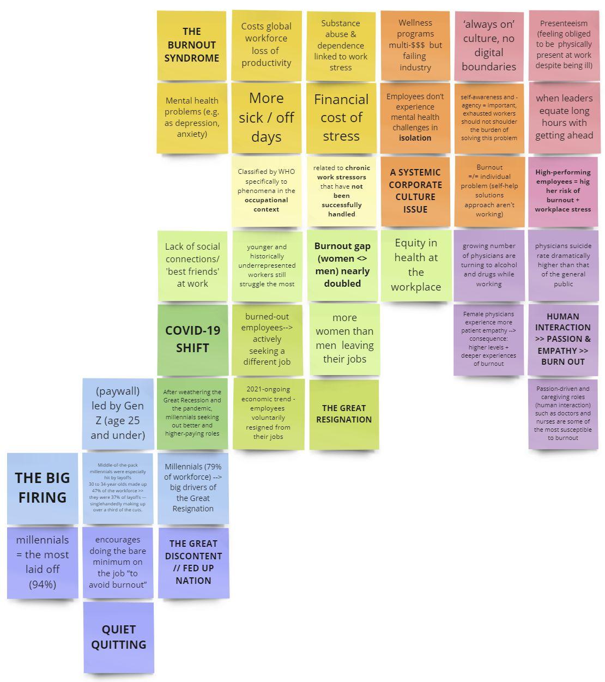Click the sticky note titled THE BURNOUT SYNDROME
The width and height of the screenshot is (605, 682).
pos(191,45)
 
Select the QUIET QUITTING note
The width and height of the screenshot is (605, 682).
pos(118,637)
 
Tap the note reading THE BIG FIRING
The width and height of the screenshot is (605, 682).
pos(43,487)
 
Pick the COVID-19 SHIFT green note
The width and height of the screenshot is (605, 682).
pos(192,339)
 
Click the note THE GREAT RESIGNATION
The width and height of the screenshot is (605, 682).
pos(344,414)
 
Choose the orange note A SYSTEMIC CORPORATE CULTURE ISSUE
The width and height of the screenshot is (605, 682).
pos(415,191)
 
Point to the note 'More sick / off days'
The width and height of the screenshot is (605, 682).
pos(266,117)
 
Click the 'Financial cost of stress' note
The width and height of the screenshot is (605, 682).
pos(341,117)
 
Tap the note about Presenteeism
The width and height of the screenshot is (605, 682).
pos(564,45)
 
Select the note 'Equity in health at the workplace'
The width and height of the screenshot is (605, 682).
pos(416,265)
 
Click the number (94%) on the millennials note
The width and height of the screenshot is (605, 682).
pos(43,584)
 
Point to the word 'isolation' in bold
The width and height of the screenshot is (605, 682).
pos(415,138)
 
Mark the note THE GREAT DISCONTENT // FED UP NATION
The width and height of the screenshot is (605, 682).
pos(193,562)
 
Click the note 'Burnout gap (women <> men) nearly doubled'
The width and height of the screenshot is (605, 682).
pos(342,265)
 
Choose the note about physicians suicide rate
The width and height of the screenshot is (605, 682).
pos(563,265)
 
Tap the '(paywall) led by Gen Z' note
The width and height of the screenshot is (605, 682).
pos(118,413)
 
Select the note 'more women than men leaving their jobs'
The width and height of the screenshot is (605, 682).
pos(344,339)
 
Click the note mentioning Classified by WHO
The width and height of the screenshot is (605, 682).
pos(266,190)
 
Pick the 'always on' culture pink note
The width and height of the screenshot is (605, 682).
pos(488,46)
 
